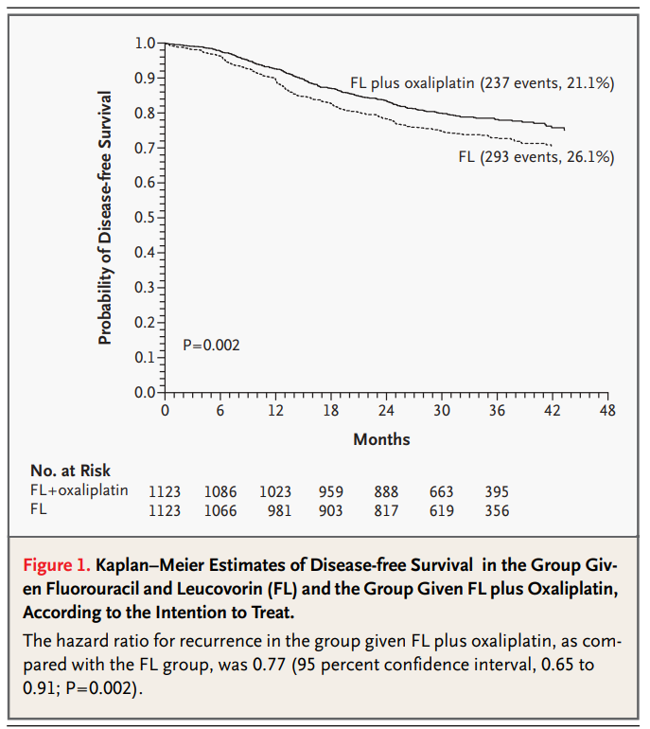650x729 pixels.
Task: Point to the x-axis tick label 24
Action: [386, 411]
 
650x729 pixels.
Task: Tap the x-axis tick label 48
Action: [607, 411]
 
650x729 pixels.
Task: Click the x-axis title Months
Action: [381, 439]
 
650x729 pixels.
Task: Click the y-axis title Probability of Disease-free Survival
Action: [106, 218]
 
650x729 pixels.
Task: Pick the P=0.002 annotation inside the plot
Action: [211, 346]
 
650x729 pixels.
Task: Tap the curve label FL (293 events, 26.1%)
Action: [536, 156]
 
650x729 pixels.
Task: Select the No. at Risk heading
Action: [70, 471]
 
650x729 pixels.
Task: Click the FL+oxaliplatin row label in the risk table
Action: [79, 491]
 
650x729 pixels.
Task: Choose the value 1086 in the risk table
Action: [220, 492]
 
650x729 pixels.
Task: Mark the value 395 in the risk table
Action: [497, 492]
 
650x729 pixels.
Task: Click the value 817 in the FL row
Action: [386, 511]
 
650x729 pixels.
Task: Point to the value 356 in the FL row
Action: [497, 511]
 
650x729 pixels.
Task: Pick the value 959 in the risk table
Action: [331, 492]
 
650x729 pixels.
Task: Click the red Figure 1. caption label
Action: [56, 566]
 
